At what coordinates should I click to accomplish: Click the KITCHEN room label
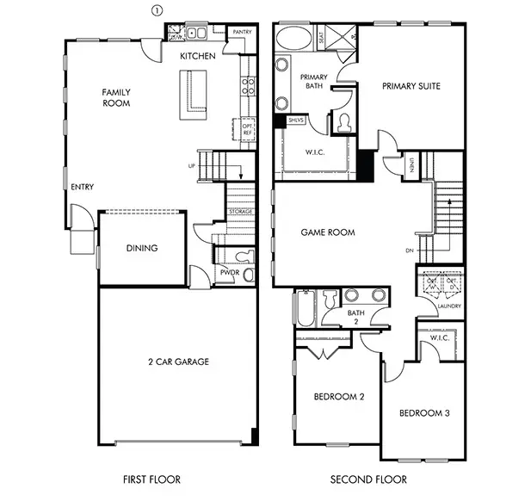tap(197, 56)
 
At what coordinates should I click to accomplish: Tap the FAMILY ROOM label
tap(115, 97)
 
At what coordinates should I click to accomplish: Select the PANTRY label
tap(242, 32)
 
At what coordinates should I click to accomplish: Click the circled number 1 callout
tap(157, 10)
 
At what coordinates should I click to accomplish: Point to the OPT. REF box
tap(248, 128)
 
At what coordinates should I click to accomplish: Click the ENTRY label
tap(83, 187)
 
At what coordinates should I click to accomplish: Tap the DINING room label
tap(142, 249)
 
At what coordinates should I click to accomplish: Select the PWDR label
tap(229, 273)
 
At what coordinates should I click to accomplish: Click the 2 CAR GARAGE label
tap(178, 362)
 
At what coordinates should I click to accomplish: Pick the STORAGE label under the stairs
tap(240, 212)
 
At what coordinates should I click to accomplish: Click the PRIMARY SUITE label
tap(412, 85)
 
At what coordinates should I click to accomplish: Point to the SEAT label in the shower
tap(321, 38)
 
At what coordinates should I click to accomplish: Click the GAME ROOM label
tap(328, 232)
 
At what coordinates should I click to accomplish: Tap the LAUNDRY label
tap(449, 306)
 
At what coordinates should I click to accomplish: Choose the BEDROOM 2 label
tap(338, 397)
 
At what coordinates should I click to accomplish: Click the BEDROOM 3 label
tap(424, 413)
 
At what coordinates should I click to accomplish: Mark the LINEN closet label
tap(413, 164)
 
